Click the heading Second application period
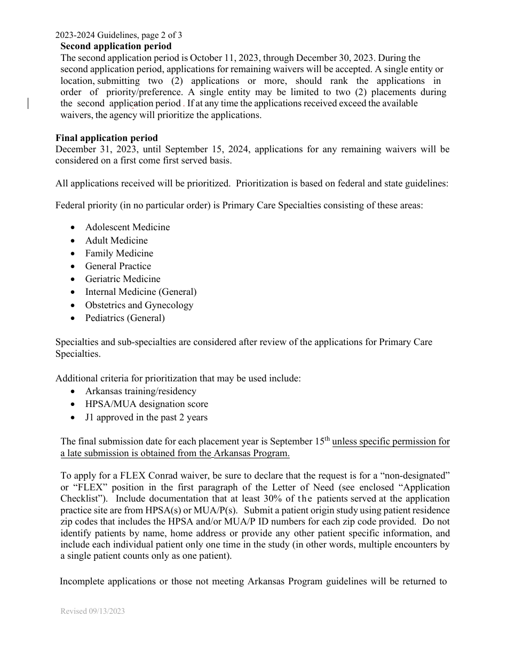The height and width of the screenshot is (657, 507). point(116,46)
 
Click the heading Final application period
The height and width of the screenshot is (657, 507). point(107,138)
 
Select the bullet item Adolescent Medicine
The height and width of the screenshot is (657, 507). point(128,227)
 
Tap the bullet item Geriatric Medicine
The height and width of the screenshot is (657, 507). point(123,279)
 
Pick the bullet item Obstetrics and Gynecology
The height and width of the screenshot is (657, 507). point(139,305)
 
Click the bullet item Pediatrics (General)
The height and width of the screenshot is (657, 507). point(125,318)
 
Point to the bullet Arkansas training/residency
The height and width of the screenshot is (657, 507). point(141,391)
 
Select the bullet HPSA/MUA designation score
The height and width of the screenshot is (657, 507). point(147,404)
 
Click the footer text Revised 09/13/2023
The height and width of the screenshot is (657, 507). point(92,611)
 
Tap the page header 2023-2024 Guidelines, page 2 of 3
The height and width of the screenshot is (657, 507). point(118,35)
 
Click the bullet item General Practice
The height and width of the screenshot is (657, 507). point(118,266)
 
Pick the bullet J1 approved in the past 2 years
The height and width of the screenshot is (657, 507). point(146,417)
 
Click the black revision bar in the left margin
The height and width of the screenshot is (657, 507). point(28,104)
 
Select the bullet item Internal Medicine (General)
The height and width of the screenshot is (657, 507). point(141,292)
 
